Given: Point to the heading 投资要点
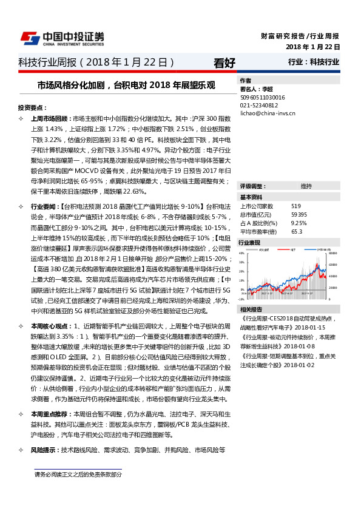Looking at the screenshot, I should (x=32, y=107).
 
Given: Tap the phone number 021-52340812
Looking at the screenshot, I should (x=259, y=104).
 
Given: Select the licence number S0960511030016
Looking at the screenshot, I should (x=263, y=96).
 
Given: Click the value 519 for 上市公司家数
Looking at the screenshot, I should (x=296, y=206).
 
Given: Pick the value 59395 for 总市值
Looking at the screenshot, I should (x=299, y=214).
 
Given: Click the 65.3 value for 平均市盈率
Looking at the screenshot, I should (x=297, y=231).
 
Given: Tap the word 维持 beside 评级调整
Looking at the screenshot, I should (x=306, y=186).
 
